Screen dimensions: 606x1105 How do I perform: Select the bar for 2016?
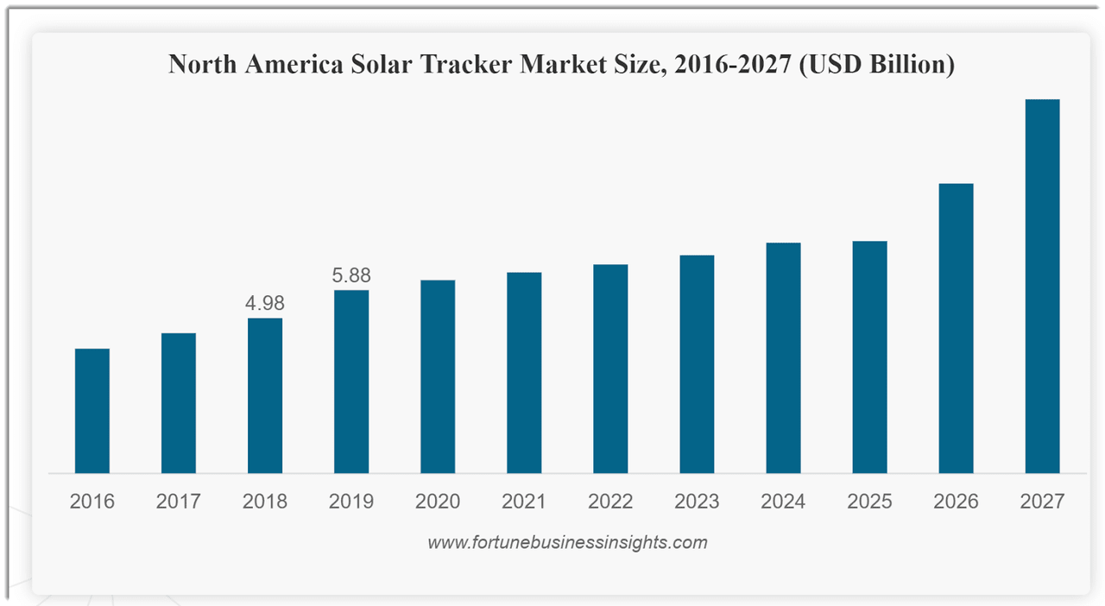click(x=92, y=411)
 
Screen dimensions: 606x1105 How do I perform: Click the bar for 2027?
click(x=1042, y=286)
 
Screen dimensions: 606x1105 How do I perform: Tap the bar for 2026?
click(x=956, y=328)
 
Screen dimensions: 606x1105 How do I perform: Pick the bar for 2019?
click(x=351, y=382)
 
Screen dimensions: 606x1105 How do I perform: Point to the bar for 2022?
click(x=610, y=369)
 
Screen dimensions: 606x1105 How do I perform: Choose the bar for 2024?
click(x=783, y=357)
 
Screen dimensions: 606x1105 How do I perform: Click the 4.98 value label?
click(x=265, y=303)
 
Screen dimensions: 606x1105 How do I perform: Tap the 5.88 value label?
click(x=351, y=275)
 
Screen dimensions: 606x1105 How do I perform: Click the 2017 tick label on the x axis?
click(x=179, y=502)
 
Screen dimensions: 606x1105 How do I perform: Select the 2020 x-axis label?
click(x=438, y=502)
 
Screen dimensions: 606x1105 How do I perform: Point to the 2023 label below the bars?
click(x=697, y=502)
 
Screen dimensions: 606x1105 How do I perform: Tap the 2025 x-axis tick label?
click(x=869, y=502)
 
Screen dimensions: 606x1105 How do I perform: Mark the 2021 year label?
click(x=524, y=502)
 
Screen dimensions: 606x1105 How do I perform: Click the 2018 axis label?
click(x=265, y=502)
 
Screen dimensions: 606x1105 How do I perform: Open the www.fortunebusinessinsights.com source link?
click(x=567, y=543)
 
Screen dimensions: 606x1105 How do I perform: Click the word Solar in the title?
click(x=383, y=65)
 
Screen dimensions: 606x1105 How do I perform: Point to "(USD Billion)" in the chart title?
click(x=876, y=65)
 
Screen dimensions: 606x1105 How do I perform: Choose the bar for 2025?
click(x=869, y=357)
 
